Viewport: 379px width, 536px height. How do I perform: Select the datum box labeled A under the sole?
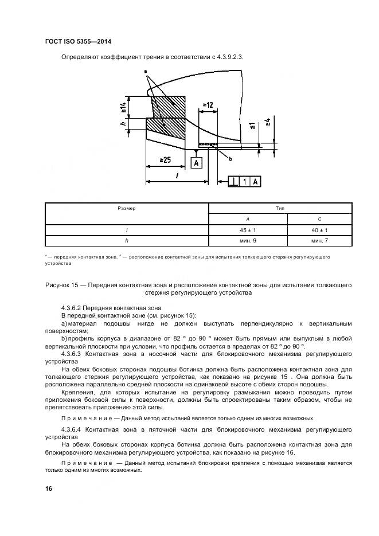[x=197, y=163]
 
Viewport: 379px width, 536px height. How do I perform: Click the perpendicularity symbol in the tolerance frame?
[x=234, y=182]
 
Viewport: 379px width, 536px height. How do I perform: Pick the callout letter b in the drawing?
[x=230, y=159]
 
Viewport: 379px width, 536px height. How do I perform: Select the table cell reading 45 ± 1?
[x=248, y=229]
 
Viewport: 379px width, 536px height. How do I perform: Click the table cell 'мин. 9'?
[x=248, y=241]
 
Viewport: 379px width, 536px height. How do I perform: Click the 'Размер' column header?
[x=127, y=208]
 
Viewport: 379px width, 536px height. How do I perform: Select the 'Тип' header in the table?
[x=283, y=208]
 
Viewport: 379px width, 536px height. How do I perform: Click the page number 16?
[x=49, y=488]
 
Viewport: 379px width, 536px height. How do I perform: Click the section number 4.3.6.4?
[x=73, y=429]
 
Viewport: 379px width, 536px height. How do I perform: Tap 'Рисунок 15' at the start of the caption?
[x=60, y=285]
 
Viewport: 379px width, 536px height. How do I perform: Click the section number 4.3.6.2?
[x=73, y=307]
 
